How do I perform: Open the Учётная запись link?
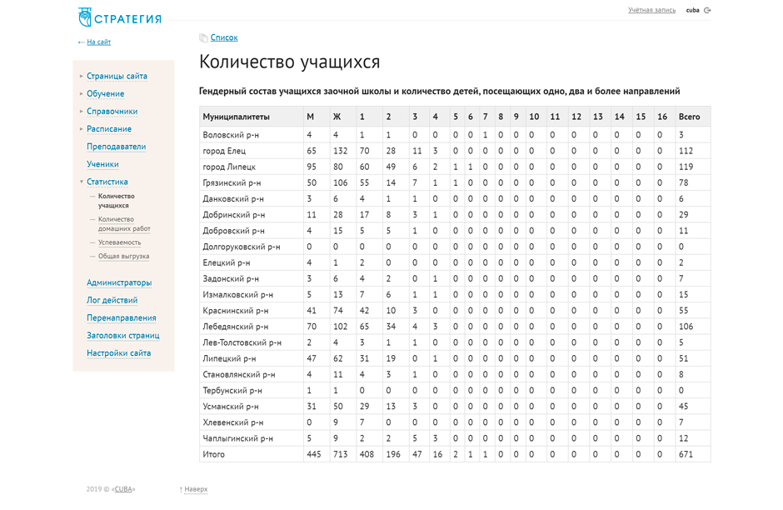[x=651, y=10]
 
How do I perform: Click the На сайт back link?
[x=98, y=42]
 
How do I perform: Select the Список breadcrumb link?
[x=223, y=37]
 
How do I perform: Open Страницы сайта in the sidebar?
[x=117, y=76]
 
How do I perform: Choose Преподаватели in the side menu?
[x=116, y=147]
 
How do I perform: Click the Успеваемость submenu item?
[x=119, y=242]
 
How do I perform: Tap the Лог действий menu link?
[x=112, y=300]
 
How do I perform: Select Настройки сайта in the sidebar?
[x=118, y=353]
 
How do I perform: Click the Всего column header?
[x=689, y=117]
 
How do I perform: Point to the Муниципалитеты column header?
[x=237, y=117]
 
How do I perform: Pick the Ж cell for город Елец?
[x=340, y=151]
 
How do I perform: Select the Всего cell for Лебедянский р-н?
[x=686, y=327]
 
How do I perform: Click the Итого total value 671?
[x=686, y=454]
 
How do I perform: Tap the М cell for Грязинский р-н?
[x=312, y=182]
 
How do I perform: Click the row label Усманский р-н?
[x=231, y=407]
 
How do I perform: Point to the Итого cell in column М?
[x=313, y=454]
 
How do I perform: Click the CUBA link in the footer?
[x=123, y=489]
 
